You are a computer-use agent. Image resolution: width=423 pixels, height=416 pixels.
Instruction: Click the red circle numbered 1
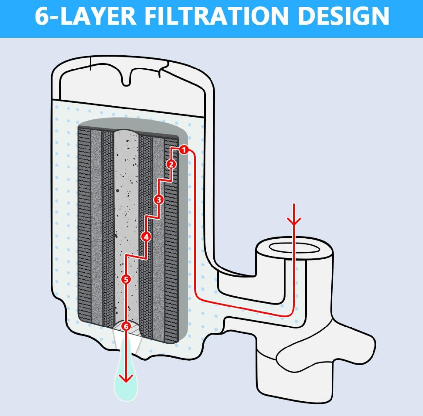click(x=184, y=150)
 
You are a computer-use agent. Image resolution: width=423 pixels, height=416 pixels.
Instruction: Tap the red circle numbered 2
click(x=171, y=164)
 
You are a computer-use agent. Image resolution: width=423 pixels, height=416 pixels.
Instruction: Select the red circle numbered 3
click(x=159, y=199)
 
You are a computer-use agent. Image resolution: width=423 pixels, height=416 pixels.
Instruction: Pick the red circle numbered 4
click(x=146, y=236)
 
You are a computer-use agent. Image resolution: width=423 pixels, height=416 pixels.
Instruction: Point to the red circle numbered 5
click(x=126, y=279)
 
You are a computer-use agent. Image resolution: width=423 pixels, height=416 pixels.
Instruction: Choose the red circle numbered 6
click(x=126, y=326)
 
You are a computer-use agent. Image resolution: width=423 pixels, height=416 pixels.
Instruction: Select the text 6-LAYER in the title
click(x=85, y=16)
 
